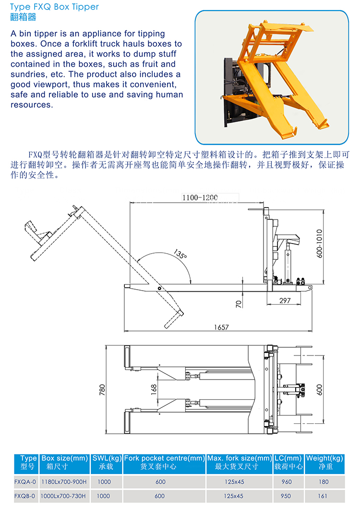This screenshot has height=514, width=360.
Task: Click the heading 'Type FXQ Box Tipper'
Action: pyautogui.click(x=54, y=7)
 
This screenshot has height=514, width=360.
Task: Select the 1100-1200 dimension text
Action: pyautogui.click(x=200, y=197)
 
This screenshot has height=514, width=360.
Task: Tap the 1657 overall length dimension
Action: pyautogui.click(x=222, y=327)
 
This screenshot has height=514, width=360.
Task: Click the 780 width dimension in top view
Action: pyautogui.click(x=102, y=390)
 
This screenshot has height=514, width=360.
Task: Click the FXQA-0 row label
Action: pyautogui.click(x=25, y=482)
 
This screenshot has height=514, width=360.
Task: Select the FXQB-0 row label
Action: pyautogui.click(x=25, y=496)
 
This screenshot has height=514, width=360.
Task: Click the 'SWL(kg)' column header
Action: pyautogui.click(x=107, y=458)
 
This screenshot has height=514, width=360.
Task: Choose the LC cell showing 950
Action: pyautogui.click(x=286, y=496)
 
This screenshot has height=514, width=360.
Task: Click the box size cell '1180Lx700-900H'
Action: pyautogui.click(x=64, y=482)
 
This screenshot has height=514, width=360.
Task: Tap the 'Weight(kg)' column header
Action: pyautogui.click(x=325, y=458)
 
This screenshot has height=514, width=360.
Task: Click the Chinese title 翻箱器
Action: pyautogui.click(x=23, y=18)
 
